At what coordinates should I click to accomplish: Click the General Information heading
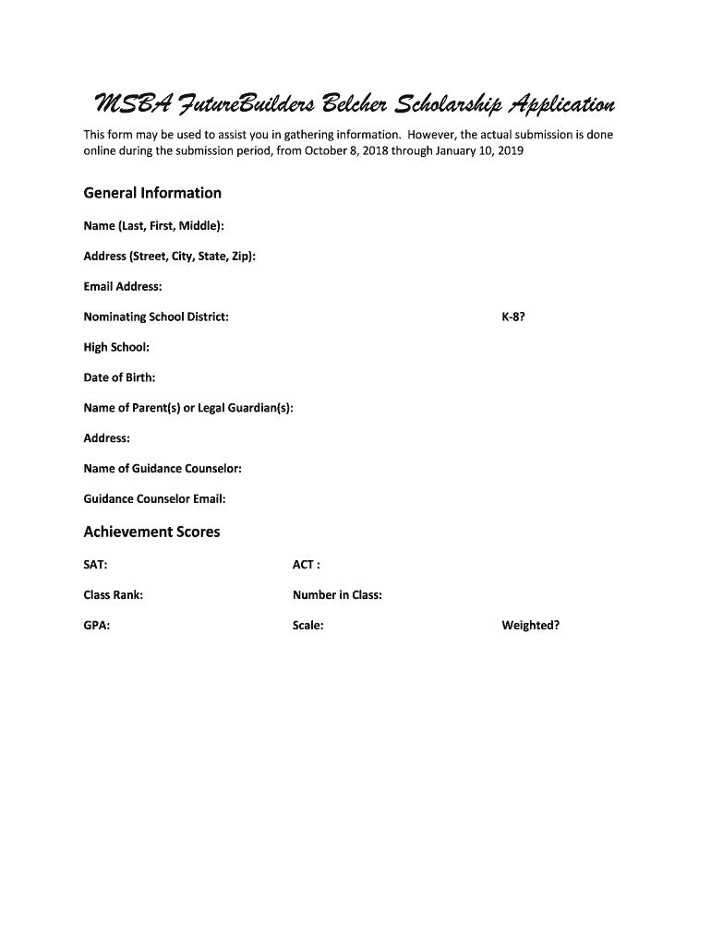click(152, 193)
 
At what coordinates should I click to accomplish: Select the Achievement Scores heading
click(151, 532)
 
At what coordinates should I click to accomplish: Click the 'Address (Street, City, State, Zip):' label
click(170, 257)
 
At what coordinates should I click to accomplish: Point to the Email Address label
click(123, 287)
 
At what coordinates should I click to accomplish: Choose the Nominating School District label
click(156, 317)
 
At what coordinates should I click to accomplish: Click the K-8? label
click(514, 317)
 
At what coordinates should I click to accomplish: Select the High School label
click(116, 348)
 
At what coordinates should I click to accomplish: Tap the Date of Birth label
click(119, 377)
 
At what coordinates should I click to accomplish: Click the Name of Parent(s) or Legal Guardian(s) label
click(188, 408)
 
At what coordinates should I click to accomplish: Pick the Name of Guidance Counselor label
click(163, 469)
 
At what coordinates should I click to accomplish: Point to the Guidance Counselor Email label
click(154, 499)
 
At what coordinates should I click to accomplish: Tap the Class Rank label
click(114, 595)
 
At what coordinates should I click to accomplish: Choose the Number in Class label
click(337, 595)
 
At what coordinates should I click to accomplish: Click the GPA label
click(97, 626)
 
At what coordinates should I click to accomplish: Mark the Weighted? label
click(530, 626)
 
